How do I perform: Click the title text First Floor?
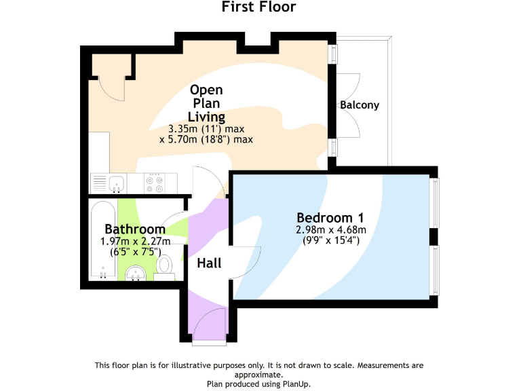click(259, 7)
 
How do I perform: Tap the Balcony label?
click(360, 105)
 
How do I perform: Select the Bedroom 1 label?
click(330, 218)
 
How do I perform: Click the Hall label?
click(209, 263)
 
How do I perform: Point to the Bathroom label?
click(135, 229)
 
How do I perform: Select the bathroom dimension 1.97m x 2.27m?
click(134, 240)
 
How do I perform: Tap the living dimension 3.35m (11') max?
click(206, 129)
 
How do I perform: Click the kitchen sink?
click(116, 182)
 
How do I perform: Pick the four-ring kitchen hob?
click(155, 183)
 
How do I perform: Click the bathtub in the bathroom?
click(102, 239)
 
